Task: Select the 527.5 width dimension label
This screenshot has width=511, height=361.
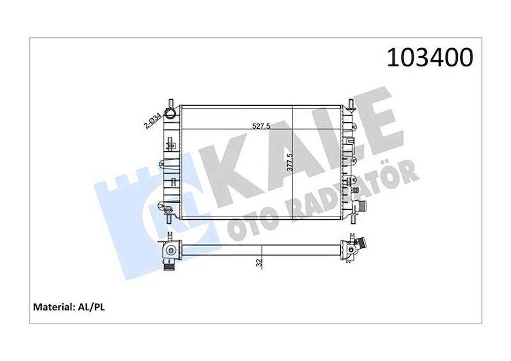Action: (x=261, y=126)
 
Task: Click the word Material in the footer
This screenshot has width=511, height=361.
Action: (x=52, y=307)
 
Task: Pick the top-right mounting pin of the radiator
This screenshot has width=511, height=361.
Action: (x=350, y=103)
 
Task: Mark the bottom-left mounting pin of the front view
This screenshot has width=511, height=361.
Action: (x=170, y=217)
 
